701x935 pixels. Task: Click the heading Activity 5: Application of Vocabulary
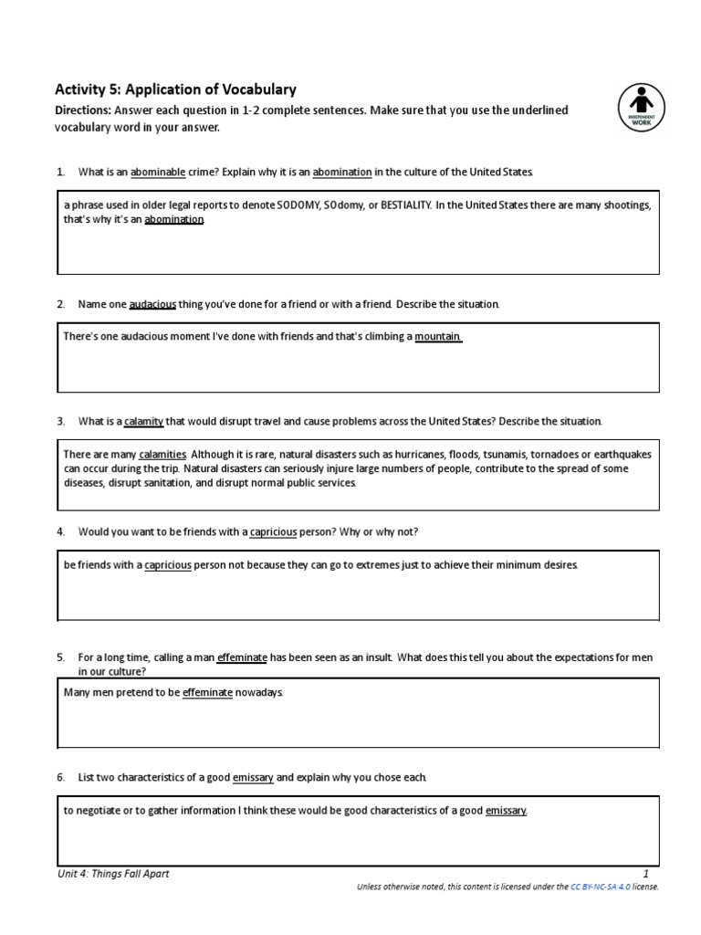click(175, 89)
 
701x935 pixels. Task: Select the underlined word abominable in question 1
click(158, 172)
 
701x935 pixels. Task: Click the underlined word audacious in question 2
click(152, 303)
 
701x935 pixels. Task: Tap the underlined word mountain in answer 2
click(438, 337)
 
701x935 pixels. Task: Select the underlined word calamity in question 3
click(143, 421)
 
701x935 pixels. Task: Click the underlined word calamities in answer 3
click(162, 454)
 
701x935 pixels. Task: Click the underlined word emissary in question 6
click(253, 777)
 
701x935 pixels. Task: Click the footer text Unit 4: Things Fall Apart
click(112, 874)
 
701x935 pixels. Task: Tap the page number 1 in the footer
click(644, 874)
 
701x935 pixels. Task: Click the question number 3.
click(60, 421)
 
